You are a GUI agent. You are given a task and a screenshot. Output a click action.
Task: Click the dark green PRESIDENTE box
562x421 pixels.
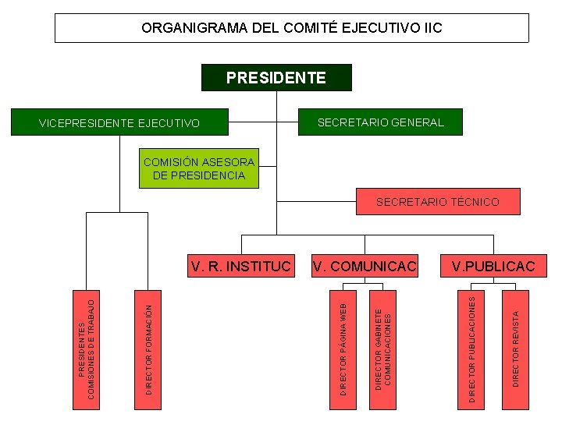276,78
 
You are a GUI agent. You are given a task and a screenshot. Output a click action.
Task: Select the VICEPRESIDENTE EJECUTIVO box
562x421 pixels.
119,123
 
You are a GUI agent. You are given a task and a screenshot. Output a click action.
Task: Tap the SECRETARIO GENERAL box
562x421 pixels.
381,122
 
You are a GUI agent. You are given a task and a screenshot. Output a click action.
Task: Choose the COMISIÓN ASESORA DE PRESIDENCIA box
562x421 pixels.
198,168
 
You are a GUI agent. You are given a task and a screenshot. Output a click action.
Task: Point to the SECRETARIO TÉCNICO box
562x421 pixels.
437,202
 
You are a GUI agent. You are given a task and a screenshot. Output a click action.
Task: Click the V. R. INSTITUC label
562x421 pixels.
240,267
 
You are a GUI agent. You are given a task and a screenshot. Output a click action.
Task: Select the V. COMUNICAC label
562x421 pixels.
365,267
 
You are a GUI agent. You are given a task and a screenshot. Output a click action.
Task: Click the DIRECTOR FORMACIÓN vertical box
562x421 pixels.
149,349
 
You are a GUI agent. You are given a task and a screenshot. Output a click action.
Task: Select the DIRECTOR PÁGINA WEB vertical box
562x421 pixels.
343,349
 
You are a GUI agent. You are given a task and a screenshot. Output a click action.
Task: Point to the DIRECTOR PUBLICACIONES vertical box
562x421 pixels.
471,349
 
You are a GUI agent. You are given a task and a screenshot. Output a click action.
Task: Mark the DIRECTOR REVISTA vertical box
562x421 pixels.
515,349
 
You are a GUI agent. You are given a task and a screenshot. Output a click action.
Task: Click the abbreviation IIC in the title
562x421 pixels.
432,28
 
